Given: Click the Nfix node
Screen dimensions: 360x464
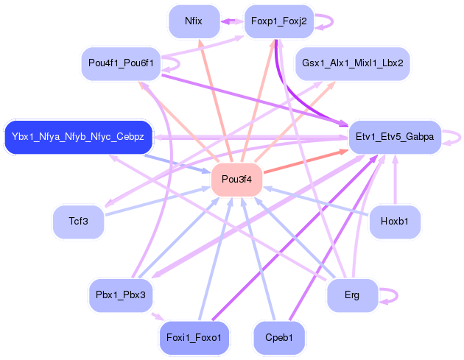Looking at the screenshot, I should click(194, 21).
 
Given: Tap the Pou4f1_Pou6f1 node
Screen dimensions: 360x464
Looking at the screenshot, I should click(121, 63).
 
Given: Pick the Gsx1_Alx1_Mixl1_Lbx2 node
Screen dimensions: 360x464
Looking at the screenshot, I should click(352, 63).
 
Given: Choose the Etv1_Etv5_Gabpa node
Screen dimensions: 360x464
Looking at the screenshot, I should click(395, 137).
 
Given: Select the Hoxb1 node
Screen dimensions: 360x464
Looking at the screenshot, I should click(395, 221).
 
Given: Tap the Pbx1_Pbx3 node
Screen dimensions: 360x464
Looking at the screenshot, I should click(121, 294).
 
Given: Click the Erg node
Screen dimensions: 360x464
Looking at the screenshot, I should click(352, 294).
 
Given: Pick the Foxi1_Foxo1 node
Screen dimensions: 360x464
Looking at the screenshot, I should click(194, 337).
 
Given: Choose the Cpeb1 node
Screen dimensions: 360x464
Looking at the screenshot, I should click(279, 337).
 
